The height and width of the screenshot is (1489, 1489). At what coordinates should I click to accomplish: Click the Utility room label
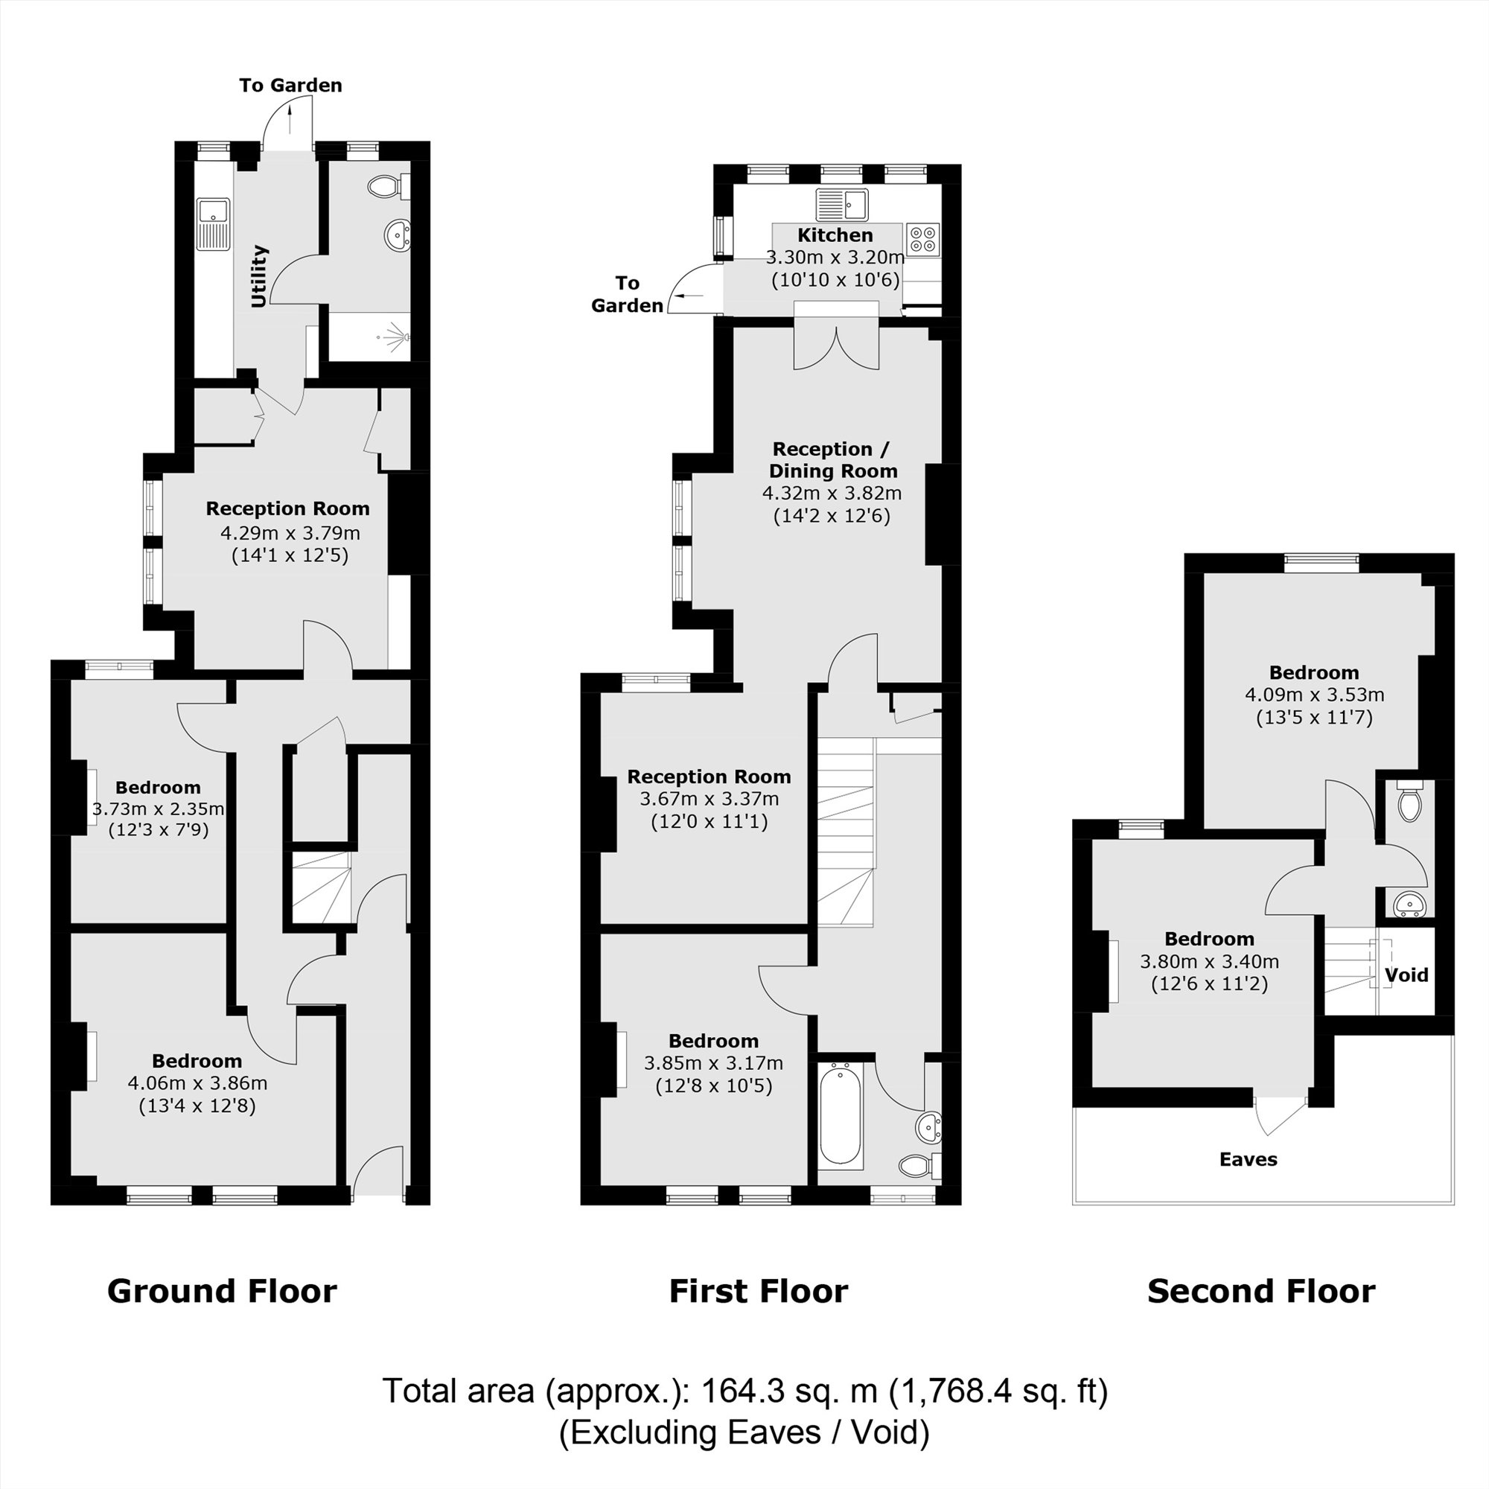click(x=259, y=276)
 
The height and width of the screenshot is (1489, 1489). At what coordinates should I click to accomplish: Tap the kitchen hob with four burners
click(x=922, y=239)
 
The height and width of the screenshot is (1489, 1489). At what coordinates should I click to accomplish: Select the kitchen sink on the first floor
click(x=841, y=204)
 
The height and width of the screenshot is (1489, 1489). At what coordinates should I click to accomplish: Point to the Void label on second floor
click(x=1406, y=975)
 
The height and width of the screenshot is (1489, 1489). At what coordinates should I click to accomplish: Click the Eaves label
click(x=1248, y=1159)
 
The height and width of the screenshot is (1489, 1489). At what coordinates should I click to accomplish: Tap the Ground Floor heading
click(x=222, y=1291)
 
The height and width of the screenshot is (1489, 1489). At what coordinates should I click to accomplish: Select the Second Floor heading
click(x=1261, y=1291)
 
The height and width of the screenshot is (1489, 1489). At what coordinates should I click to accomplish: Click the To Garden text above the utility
click(x=290, y=86)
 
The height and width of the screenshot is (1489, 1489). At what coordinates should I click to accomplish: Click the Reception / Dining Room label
click(x=832, y=459)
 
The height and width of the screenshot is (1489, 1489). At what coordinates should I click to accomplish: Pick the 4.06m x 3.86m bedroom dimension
click(x=197, y=1083)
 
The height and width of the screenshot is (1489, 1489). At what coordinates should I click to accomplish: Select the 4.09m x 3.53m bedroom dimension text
click(x=1314, y=695)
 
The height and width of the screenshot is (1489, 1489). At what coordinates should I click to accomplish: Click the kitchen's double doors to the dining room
click(x=836, y=348)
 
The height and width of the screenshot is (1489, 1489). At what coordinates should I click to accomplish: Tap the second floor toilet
click(x=1409, y=805)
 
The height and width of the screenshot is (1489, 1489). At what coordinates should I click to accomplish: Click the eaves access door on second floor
click(x=1279, y=1115)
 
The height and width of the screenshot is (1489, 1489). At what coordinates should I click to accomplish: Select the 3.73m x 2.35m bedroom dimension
click(x=158, y=809)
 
